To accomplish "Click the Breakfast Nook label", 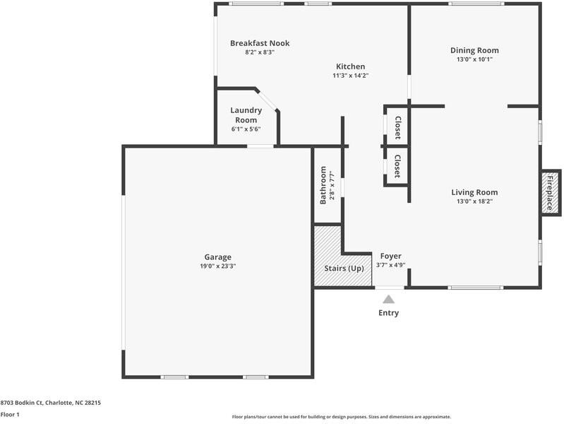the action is pyautogui.click(x=260, y=43).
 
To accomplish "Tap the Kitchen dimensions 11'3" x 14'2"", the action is pyautogui.click(x=351, y=76).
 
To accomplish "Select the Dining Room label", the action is pyautogui.click(x=474, y=50).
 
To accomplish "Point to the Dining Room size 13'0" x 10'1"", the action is pyautogui.click(x=474, y=59).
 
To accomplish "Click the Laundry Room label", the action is pyautogui.click(x=246, y=115).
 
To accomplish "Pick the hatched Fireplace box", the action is pyautogui.click(x=551, y=193).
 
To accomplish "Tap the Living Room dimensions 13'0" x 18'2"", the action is pyautogui.click(x=474, y=201).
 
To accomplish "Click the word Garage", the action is pyautogui.click(x=217, y=257).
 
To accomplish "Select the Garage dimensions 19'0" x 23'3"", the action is pyautogui.click(x=217, y=266).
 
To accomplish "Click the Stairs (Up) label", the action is pyautogui.click(x=344, y=269).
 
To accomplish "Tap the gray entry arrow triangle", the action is pyautogui.click(x=388, y=300).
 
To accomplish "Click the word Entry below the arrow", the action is pyautogui.click(x=388, y=312).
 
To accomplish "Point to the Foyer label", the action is pyautogui.click(x=390, y=256).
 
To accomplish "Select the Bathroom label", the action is pyautogui.click(x=323, y=185).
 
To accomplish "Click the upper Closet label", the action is pyautogui.click(x=398, y=127).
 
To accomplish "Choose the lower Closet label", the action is pyautogui.click(x=397, y=166).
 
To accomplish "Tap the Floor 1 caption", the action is pyautogui.click(x=10, y=414).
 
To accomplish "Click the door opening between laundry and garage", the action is pyautogui.click(x=260, y=146).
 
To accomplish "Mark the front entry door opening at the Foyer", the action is pyautogui.click(x=390, y=288).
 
